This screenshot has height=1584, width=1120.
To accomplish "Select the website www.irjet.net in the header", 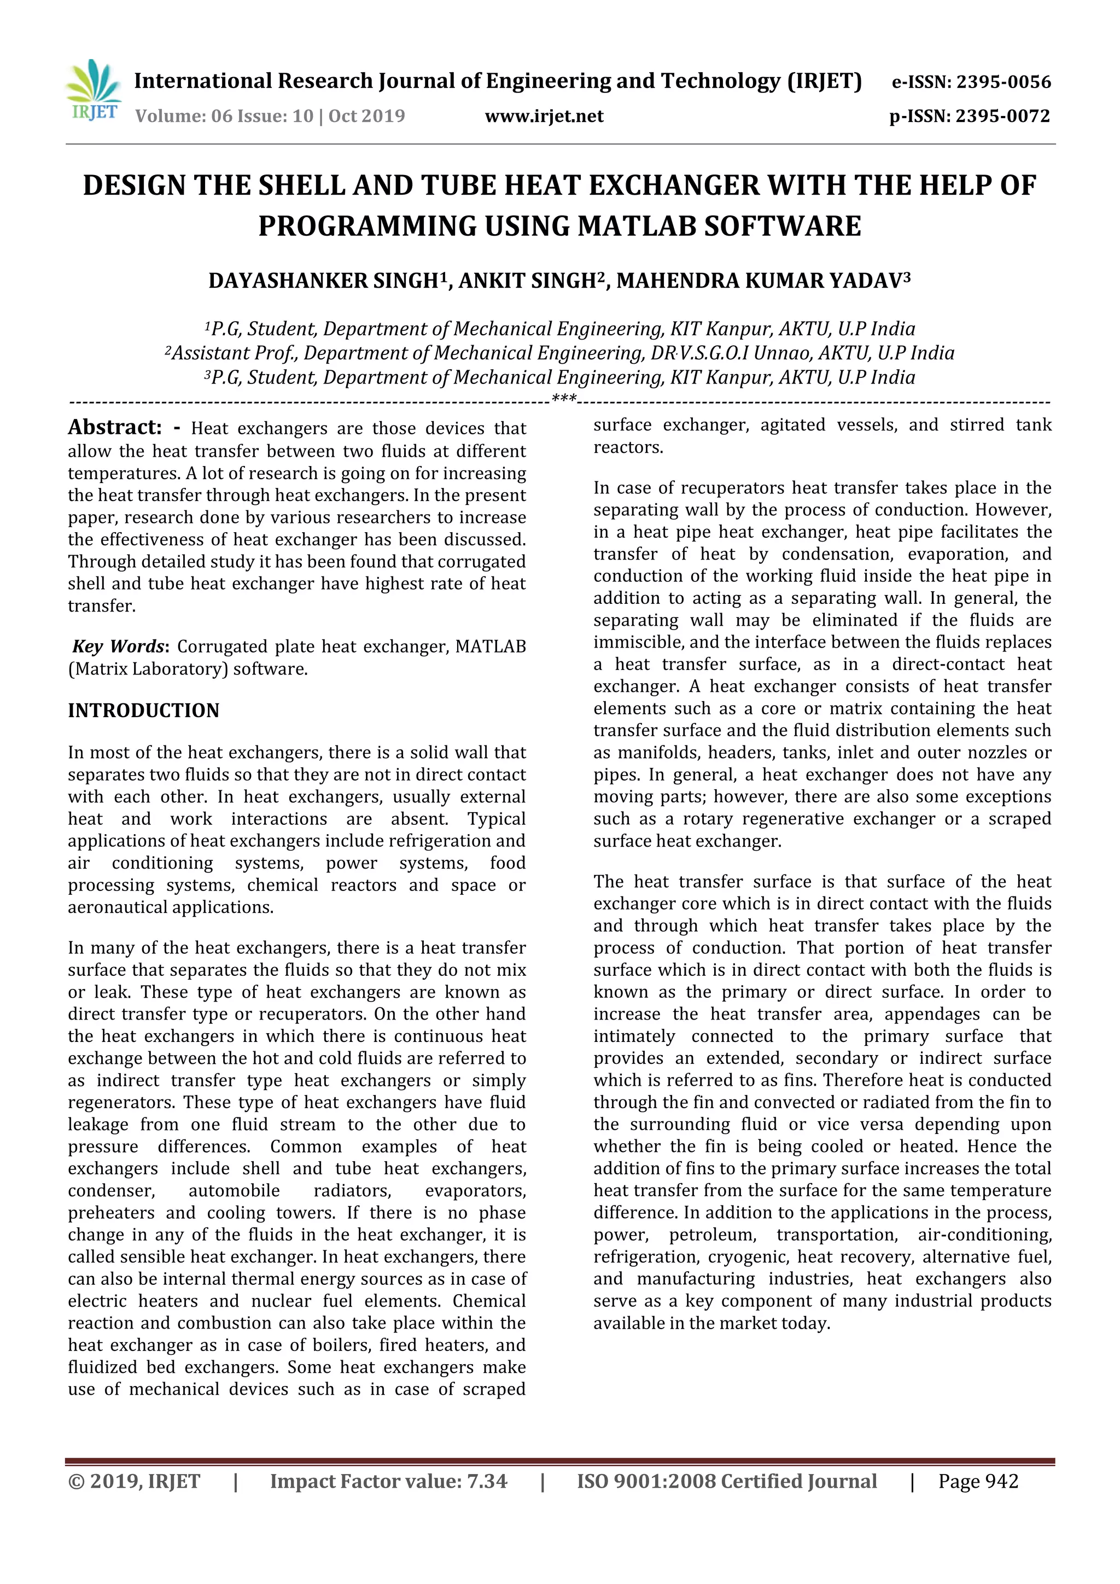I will pos(544,116).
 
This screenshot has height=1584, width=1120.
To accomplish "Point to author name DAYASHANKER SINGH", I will pos(323,281).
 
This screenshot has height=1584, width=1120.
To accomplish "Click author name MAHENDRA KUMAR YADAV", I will pos(759,281).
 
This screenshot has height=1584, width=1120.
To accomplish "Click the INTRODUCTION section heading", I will pos(143,711).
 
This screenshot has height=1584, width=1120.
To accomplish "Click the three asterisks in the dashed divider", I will pos(563,399).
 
